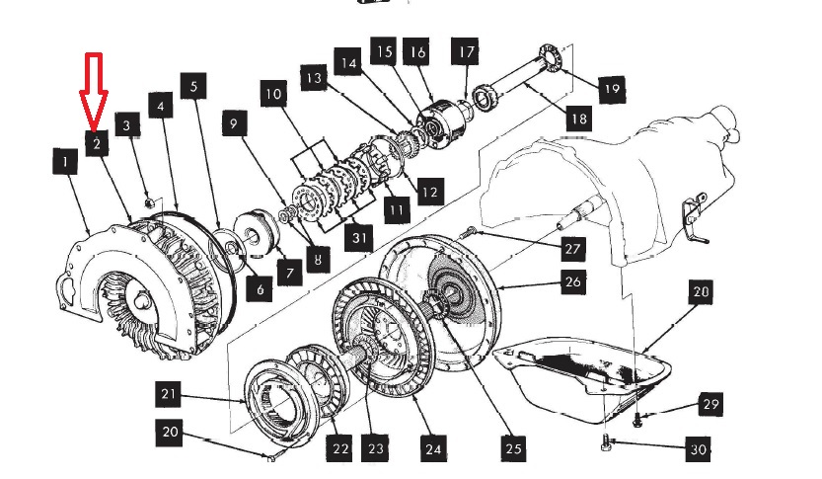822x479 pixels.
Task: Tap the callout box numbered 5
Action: (193, 87)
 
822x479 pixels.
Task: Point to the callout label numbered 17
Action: (466, 51)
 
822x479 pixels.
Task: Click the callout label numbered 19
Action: (610, 89)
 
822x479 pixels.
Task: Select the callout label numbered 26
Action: (573, 282)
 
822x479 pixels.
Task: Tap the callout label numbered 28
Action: (700, 293)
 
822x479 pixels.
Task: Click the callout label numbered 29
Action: (710, 404)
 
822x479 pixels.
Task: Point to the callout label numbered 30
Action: (699, 449)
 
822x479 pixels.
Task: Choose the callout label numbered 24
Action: (431, 449)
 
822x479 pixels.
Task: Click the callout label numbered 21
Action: (169, 397)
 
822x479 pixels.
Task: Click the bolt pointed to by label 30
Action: (606, 445)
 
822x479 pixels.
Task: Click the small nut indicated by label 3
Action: (148, 202)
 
